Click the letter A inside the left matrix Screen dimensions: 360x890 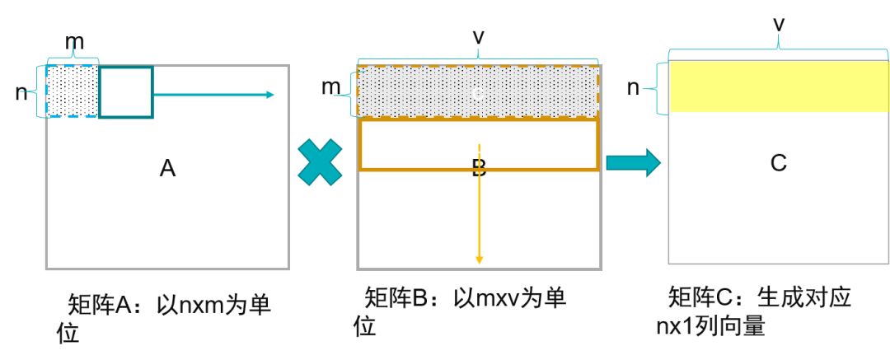pyautogui.click(x=168, y=169)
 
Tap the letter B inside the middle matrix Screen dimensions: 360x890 pyautogui.click(x=479, y=169)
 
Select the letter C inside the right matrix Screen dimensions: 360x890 pyautogui.click(x=779, y=163)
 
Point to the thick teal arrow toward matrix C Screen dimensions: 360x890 pyautogui.click(x=633, y=162)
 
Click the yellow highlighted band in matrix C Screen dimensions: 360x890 pyautogui.click(x=779, y=86)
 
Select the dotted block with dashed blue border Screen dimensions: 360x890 pyautogui.click(x=73, y=91)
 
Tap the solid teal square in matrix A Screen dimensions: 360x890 pyautogui.click(x=126, y=91)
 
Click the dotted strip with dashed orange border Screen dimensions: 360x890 pyautogui.click(x=478, y=92)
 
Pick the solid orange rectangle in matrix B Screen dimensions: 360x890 pyautogui.click(x=478, y=145)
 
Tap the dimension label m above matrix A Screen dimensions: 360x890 pyautogui.click(x=73, y=40)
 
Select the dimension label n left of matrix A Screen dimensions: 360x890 pyautogui.click(x=21, y=92)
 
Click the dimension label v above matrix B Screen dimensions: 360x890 pyautogui.click(x=479, y=37)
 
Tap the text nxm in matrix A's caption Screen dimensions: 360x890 pyautogui.click(x=188, y=305)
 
